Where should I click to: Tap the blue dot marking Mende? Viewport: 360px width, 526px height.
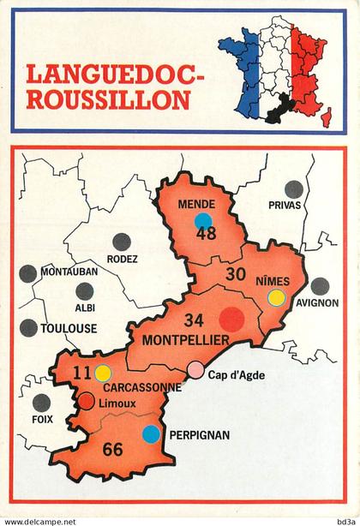pos(203,221)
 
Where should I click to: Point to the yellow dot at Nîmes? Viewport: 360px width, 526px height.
pos(276,298)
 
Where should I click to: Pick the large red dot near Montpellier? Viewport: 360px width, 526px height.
pos(231,320)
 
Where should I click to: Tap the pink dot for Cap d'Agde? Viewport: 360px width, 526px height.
pos(197,369)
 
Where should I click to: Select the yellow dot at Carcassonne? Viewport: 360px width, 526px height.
pos(103,373)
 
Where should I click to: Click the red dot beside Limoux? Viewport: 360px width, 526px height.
pos(87,401)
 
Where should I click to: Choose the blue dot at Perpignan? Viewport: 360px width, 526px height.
pos(151,433)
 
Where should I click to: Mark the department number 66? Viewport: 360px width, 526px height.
pos(112,449)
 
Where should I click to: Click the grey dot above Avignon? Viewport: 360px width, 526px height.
pos(319,286)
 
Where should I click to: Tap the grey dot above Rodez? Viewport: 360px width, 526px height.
pos(123,242)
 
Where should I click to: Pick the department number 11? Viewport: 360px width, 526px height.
pos(83,373)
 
